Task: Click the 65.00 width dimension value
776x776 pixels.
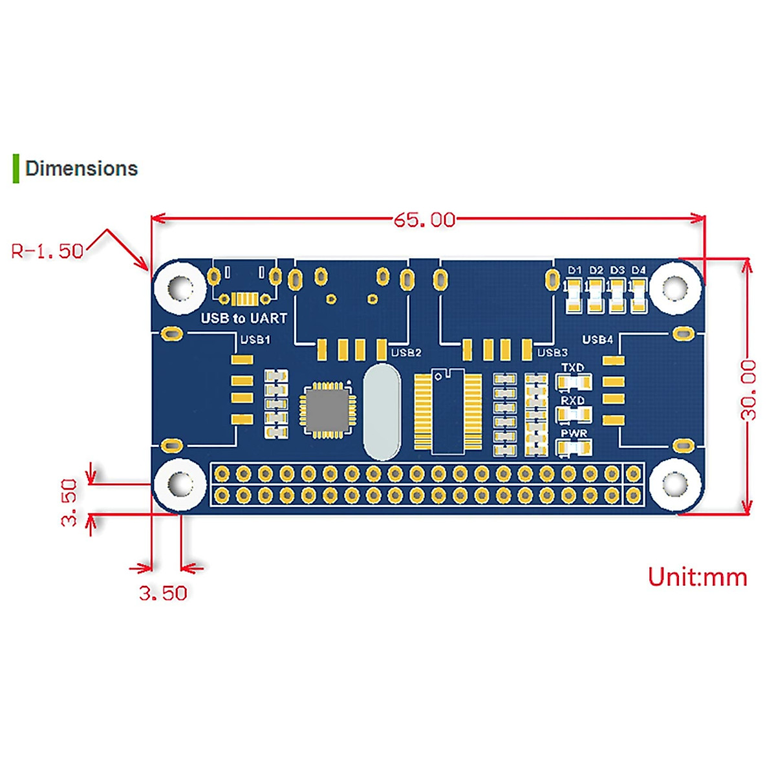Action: (424, 220)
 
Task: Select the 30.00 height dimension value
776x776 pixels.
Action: (748, 390)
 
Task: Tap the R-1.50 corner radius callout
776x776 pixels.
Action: (47, 251)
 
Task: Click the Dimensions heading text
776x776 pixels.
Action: (81, 168)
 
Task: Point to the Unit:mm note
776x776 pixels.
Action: (697, 577)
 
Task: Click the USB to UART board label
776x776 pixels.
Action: (244, 319)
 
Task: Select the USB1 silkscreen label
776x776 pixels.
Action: (255, 339)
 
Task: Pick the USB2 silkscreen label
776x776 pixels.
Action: (406, 353)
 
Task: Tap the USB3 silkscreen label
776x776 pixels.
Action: (552, 353)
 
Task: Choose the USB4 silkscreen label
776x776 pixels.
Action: (598, 340)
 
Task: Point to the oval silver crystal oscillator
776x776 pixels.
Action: (382, 412)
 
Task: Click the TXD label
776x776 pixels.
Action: (572, 368)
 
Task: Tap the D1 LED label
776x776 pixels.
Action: (574, 270)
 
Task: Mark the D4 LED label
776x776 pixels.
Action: (638, 270)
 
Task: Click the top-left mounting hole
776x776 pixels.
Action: (180, 288)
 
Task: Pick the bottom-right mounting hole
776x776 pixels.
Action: (675, 484)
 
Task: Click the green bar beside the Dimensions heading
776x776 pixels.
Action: (16, 168)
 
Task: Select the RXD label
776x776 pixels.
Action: (573, 400)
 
